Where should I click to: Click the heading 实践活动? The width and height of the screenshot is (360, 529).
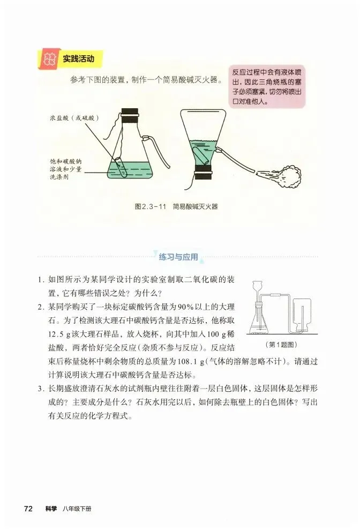tap(78, 59)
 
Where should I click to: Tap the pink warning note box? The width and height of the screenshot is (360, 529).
tap(266, 86)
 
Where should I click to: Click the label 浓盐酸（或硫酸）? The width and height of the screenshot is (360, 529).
tap(74, 118)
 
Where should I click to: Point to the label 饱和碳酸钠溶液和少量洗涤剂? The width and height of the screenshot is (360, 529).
tap(66, 169)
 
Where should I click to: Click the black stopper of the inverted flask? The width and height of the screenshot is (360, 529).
tap(204, 172)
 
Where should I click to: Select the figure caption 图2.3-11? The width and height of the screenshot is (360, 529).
tap(151, 206)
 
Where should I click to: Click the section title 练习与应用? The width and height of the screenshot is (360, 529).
tap(178, 257)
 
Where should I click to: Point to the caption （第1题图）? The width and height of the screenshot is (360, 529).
tap(281, 345)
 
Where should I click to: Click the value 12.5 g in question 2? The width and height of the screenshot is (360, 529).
tap(59, 334)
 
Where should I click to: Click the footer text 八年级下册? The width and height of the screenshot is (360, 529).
tap(77, 509)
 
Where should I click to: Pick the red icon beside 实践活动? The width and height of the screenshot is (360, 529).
tap(49, 59)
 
